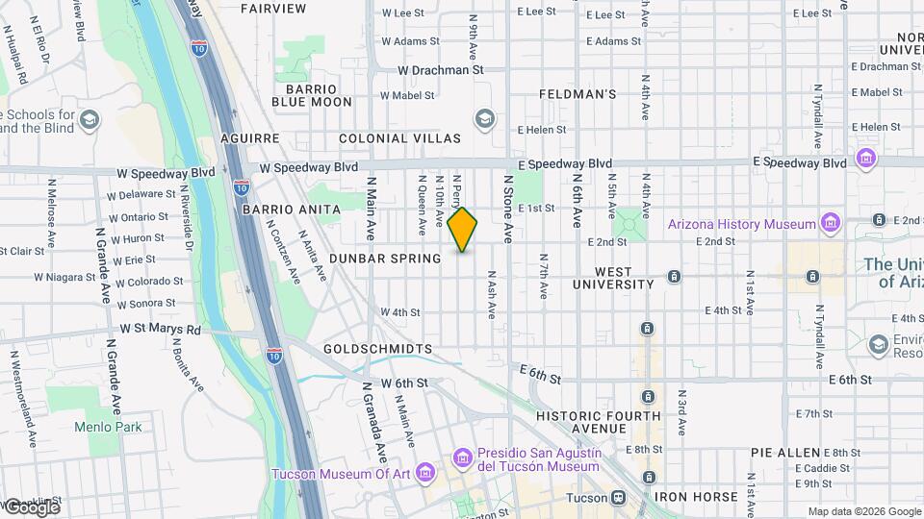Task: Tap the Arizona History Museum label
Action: (742, 224)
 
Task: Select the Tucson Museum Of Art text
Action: (342, 474)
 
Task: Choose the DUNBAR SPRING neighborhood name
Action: (398, 259)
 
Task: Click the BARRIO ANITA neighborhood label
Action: (292, 209)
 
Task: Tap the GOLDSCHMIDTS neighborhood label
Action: (378, 348)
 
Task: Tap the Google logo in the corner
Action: (31, 507)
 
